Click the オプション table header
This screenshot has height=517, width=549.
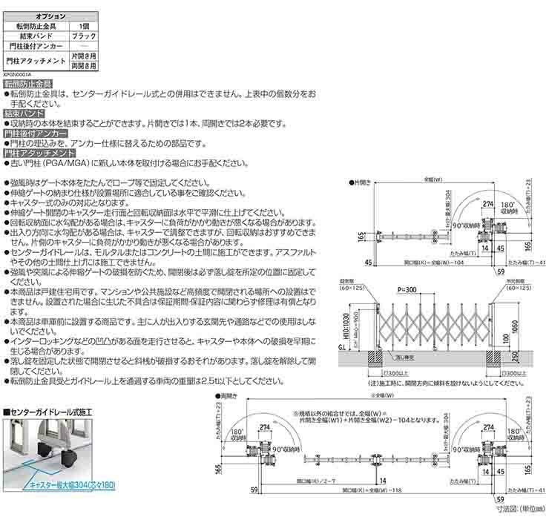tap(50, 16)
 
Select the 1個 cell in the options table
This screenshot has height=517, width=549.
tap(84, 25)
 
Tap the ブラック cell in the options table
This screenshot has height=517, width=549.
tap(84, 36)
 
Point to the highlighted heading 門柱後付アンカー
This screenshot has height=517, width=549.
tap(36, 132)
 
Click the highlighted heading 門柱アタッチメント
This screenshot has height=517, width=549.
tap(36, 151)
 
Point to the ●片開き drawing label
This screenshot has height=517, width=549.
tap(361, 181)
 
